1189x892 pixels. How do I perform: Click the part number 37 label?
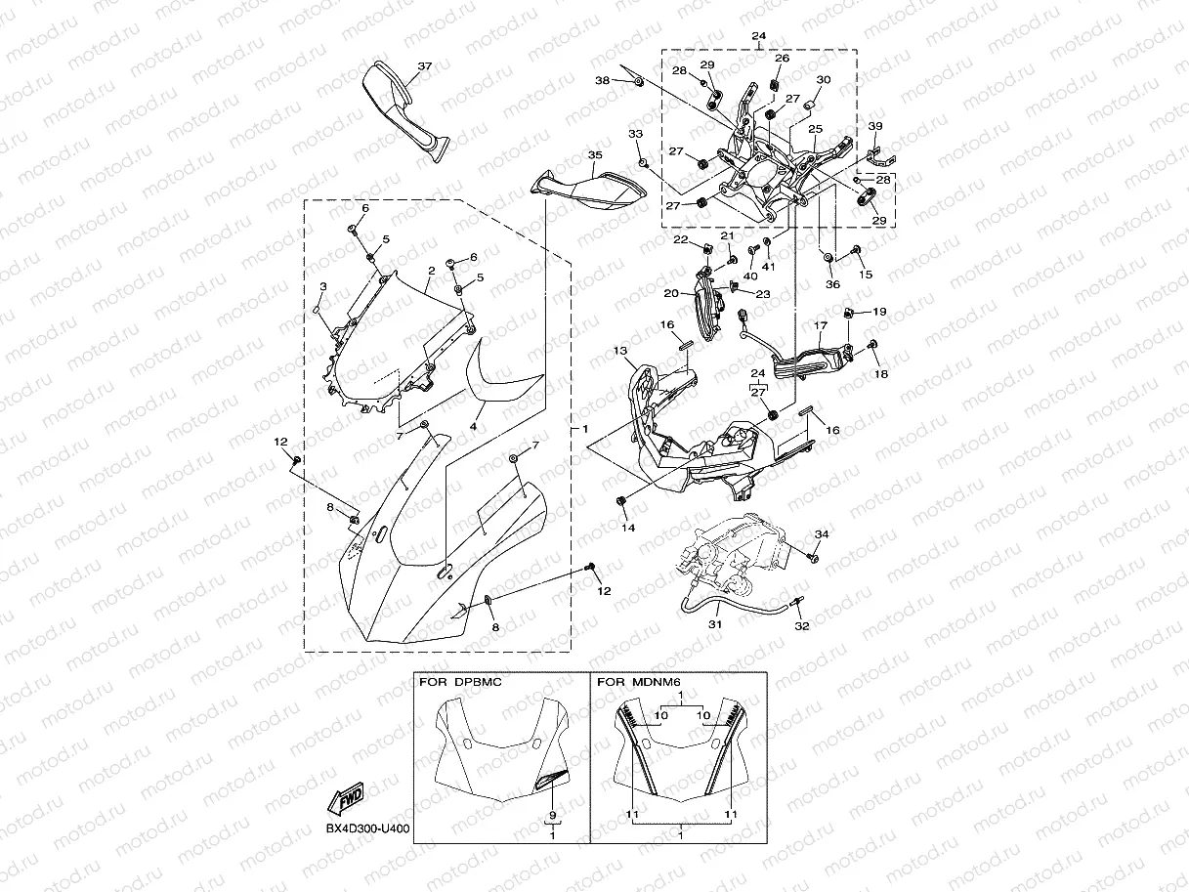tap(424, 66)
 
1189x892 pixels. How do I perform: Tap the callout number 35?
tap(595, 155)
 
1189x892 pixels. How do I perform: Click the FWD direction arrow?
tap(347, 800)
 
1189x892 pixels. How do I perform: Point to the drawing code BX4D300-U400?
tap(367, 829)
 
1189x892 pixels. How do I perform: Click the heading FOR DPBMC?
tap(460, 682)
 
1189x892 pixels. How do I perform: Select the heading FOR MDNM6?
tap(638, 682)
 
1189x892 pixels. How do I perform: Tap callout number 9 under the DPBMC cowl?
tap(553, 814)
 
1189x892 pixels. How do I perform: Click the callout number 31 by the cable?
tap(714, 623)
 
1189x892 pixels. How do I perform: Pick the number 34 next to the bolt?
tap(822, 534)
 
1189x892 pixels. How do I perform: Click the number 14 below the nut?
tap(628, 528)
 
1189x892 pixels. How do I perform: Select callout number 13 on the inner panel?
tap(619, 351)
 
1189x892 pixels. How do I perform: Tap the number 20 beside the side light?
tap(671, 292)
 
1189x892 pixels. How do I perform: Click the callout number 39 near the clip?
tap(875, 126)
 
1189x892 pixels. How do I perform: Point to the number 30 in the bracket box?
tap(824, 80)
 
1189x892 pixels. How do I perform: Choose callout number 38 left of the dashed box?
tap(603, 80)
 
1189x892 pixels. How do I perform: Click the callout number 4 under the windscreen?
tap(473, 426)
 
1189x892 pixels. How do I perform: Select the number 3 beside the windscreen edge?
tap(322, 286)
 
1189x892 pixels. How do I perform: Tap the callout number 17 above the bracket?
tap(821, 325)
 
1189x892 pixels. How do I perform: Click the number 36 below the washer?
tap(832, 284)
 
